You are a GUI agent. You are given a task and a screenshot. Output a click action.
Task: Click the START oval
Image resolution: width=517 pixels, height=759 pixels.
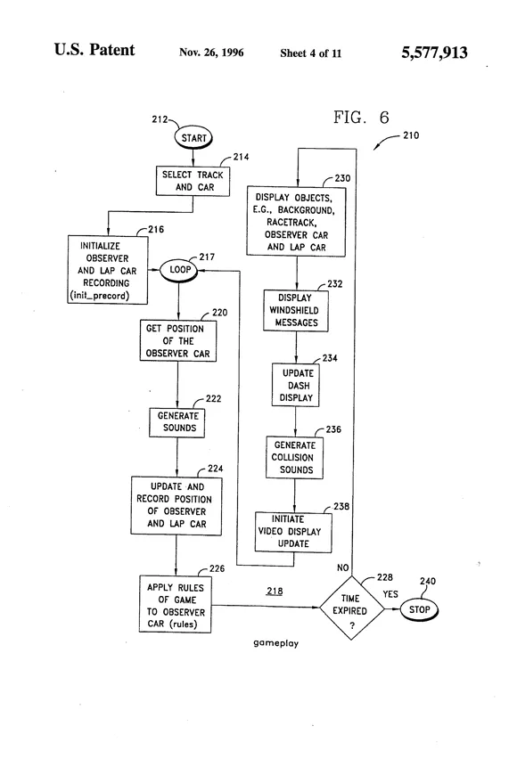pos(193,138)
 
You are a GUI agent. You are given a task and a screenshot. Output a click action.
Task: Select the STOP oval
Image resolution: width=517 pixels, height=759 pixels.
pos(419,609)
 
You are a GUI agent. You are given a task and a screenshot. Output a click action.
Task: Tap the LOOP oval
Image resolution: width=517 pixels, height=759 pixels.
pos(179,270)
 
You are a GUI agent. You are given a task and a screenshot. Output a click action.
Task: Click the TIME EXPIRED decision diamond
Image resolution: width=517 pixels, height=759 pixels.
pos(352,608)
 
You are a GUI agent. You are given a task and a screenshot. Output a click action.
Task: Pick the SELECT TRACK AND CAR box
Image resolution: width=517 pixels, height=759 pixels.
pos(193,181)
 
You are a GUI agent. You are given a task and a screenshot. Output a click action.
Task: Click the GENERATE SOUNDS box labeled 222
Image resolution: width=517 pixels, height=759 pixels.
pos(176,422)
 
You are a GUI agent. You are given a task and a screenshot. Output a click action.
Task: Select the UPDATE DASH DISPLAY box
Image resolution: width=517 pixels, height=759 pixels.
pos(296,385)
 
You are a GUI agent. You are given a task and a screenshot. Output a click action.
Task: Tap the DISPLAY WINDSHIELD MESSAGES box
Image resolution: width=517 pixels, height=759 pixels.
pos(296,310)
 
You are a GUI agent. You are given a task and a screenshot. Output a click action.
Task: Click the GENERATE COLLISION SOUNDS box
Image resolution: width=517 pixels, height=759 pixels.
pos(294,457)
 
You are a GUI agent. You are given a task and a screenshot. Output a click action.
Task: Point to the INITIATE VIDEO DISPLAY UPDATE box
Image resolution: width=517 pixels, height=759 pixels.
pos(293,532)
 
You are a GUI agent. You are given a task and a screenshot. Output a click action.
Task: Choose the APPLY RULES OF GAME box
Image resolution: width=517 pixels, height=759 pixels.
pos(175,604)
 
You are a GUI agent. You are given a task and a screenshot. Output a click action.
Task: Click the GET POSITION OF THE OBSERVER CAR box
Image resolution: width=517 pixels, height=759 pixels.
pos(177,340)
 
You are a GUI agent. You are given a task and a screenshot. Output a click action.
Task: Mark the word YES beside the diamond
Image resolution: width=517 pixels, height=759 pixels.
pos(390,594)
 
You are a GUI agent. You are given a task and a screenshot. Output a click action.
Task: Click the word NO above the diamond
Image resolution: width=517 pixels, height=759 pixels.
pos(342,567)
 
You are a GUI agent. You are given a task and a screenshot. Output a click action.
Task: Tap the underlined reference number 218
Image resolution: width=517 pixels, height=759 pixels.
pos(275,591)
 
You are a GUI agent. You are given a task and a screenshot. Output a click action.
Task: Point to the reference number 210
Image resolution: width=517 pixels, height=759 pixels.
pos(411,135)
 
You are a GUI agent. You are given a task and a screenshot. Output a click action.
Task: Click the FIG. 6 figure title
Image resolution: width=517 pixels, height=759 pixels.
pos(361,117)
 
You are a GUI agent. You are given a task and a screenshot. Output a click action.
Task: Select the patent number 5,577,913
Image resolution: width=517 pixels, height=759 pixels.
pos(434,53)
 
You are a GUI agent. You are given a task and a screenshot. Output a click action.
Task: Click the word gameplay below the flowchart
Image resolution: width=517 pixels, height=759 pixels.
pos(275,643)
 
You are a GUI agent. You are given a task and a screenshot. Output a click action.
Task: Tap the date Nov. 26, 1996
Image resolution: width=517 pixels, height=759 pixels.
pos(211,53)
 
